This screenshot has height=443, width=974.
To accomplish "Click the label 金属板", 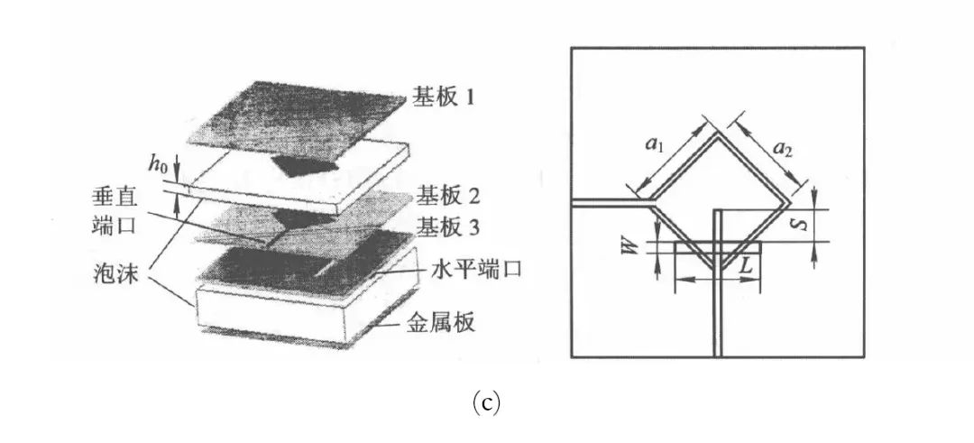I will (441, 321).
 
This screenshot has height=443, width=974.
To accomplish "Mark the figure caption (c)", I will (486, 403).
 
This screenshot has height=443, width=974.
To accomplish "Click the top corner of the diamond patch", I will (719, 137).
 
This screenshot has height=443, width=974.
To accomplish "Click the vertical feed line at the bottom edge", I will (719, 334).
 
